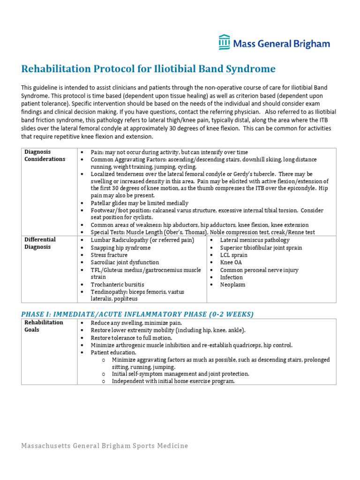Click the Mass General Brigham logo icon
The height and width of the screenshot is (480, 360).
tap(224, 42)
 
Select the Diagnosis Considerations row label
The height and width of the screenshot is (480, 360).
tap(45, 156)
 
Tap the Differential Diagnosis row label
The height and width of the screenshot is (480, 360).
tap(40, 243)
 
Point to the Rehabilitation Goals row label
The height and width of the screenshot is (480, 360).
tap(44, 326)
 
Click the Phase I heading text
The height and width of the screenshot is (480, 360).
tap(137, 314)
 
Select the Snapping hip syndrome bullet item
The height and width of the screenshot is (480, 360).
tap(120, 247)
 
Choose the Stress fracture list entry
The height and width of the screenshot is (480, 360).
tap(109, 255)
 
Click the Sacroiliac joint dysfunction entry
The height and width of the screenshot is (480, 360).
tap(125, 262)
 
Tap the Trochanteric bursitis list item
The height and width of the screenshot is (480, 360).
tap(117, 285)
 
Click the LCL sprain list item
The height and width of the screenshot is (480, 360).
tap(234, 255)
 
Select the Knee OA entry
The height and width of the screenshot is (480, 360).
tap(231, 262)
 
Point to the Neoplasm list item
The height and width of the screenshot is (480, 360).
tap(232, 285)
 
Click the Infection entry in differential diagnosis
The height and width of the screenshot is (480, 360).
tap(232, 277)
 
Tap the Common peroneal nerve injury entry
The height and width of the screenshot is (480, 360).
tap(259, 270)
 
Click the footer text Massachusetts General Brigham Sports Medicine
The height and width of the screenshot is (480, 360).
tap(105, 446)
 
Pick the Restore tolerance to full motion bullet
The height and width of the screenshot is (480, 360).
tap(131, 337)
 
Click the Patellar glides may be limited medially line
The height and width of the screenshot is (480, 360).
tap(140, 203)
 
